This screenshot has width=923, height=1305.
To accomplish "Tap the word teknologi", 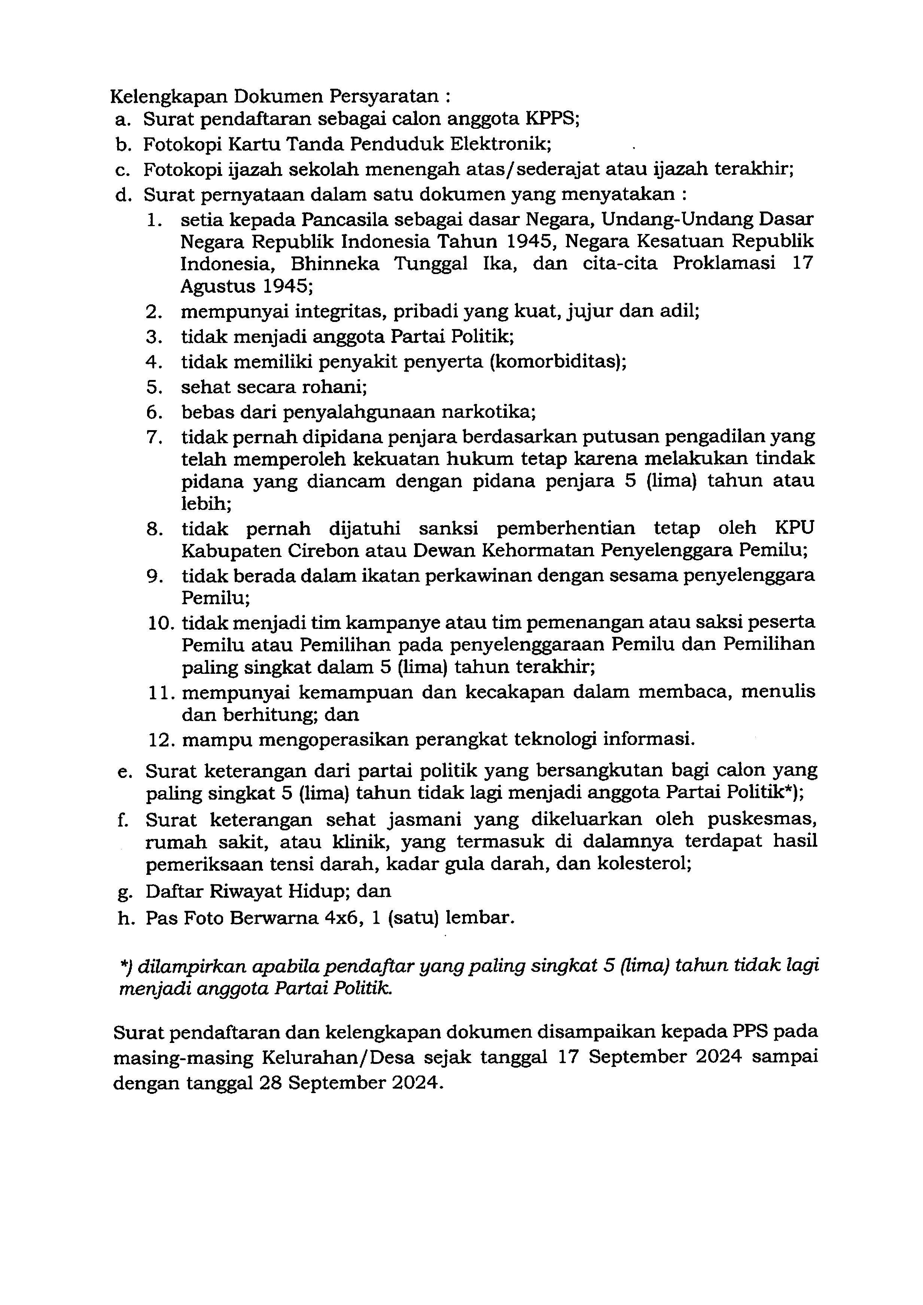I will tap(555, 739).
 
